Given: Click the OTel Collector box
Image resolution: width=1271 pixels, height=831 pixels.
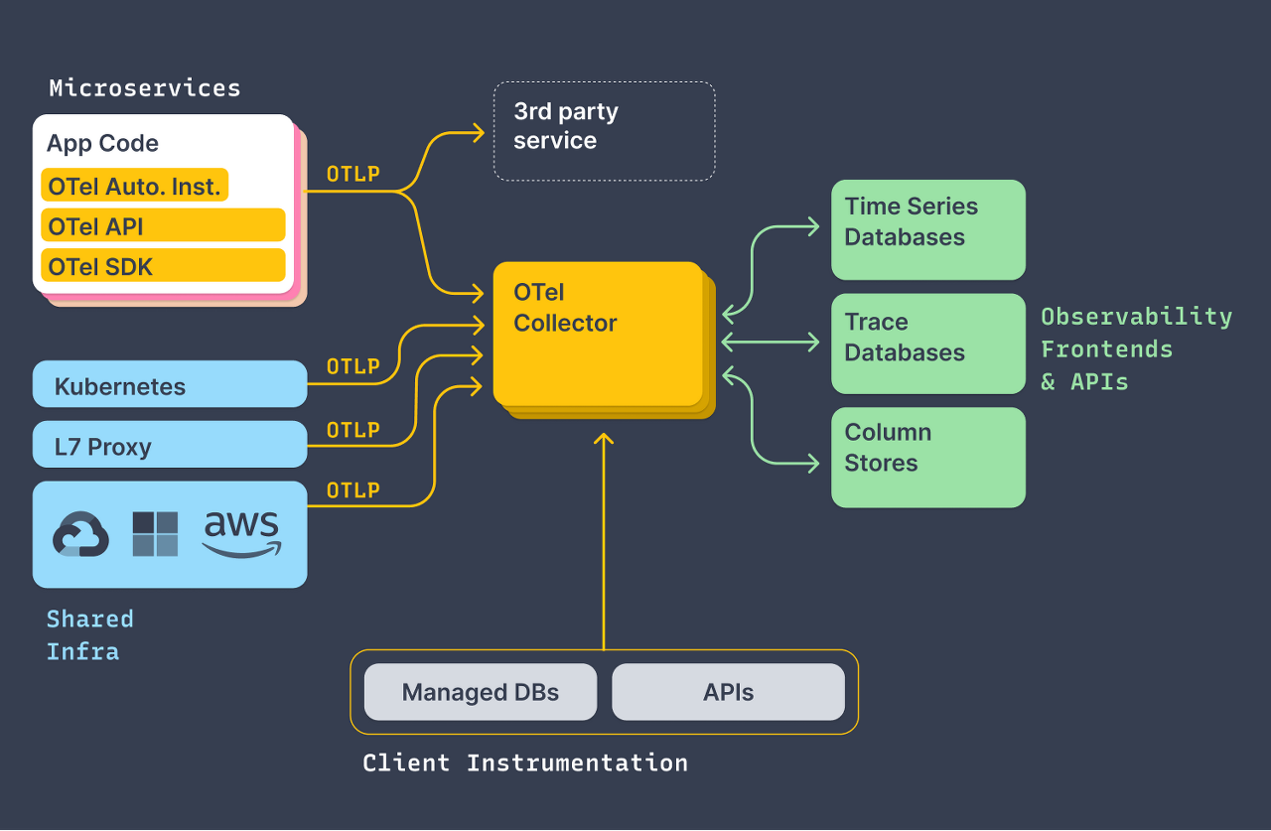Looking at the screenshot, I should pyautogui.click(x=598, y=334).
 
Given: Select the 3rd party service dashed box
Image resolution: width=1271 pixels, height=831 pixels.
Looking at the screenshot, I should pyautogui.click(x=604, y=131).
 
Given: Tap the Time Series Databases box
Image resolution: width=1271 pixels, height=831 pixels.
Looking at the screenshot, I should pyautogui.click(x=927, y=229).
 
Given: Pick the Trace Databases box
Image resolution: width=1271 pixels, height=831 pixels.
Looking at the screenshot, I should pyautogui.click(x=927, y=344).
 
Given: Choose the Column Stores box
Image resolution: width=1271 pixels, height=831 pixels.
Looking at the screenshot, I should pyautogui.click(x=927, y=457).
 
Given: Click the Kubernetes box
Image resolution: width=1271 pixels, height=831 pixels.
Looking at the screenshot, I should pyautogui.click(x=170, y=384).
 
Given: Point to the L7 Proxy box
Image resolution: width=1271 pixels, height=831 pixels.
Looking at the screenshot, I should pyautogui.click(x=170, y=445).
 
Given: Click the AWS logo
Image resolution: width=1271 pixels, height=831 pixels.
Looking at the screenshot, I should pyautogui.click(x=241, y=534).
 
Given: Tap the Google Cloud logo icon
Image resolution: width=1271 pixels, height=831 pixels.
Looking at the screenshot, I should pyautogui.click(x=80, y=534).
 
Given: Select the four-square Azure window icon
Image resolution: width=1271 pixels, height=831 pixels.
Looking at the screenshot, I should pyautogui.click(x=155, y=534).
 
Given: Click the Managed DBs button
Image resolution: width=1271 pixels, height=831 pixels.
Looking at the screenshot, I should pyautogui.click(x=481, y=692).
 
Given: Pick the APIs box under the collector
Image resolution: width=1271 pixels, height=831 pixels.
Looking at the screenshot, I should pyautogui.click(x=728, y=692).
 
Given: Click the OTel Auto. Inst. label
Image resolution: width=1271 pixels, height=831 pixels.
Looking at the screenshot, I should pyautogui.click(x=134, y=186).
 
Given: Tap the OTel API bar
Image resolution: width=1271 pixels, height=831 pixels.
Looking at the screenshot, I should pyautogui.click(x=163, y=225).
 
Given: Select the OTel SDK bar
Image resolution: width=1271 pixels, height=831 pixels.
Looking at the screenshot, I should pyautogui.click(x=163, y=266).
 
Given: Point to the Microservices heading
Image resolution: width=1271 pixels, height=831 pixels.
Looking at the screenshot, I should pyautogui.click(x=145, y=88).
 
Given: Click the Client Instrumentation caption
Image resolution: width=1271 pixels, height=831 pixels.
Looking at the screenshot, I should pyautogui.click(x=524, y=762).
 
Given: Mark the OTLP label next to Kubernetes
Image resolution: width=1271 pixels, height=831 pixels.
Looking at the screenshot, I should pyautogui.click(x=353, y=366).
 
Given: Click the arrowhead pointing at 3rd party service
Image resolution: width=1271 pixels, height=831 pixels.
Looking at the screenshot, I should pyautogui.click(x=478, y=132).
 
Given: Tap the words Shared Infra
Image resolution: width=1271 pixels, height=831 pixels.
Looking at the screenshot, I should pyautogui.click(x=88, y=634).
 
